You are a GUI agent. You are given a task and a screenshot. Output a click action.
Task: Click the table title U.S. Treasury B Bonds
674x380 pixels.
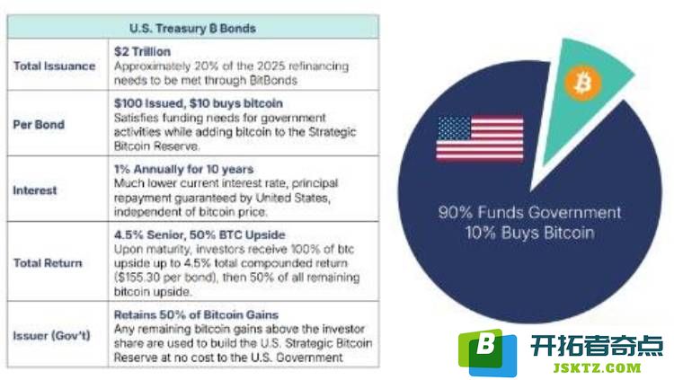192,29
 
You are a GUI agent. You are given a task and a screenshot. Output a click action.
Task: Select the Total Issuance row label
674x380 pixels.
54,66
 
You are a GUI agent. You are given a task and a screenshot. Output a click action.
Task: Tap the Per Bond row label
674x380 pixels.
39,125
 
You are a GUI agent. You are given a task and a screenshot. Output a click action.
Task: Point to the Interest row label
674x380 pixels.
35,190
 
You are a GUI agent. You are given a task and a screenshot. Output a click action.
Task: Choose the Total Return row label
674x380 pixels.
48,262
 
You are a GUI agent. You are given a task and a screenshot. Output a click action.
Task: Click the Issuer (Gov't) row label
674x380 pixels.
51,335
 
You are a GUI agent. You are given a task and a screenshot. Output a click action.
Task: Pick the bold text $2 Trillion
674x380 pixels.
142,51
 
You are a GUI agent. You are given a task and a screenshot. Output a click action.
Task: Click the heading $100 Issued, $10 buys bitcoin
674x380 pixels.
199,103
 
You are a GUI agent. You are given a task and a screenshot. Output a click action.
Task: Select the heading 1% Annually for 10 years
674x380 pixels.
183,169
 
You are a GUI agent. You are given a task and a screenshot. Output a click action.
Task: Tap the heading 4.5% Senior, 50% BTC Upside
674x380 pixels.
200,234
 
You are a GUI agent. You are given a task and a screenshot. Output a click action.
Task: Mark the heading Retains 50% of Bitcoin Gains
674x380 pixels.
196,314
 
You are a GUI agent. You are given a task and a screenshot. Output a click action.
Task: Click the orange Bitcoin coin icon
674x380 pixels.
583,83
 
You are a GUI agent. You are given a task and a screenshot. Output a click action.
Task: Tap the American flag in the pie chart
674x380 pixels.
480,138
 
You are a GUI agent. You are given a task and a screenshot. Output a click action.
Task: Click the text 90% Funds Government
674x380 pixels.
529,212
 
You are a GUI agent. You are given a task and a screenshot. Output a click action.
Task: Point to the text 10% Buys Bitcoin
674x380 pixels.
530,233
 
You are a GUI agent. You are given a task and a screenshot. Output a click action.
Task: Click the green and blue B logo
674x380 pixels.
487,352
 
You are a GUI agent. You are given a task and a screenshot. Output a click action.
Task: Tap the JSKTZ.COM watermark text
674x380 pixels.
597,368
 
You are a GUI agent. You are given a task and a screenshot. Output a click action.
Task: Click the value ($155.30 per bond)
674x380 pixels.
164,278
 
